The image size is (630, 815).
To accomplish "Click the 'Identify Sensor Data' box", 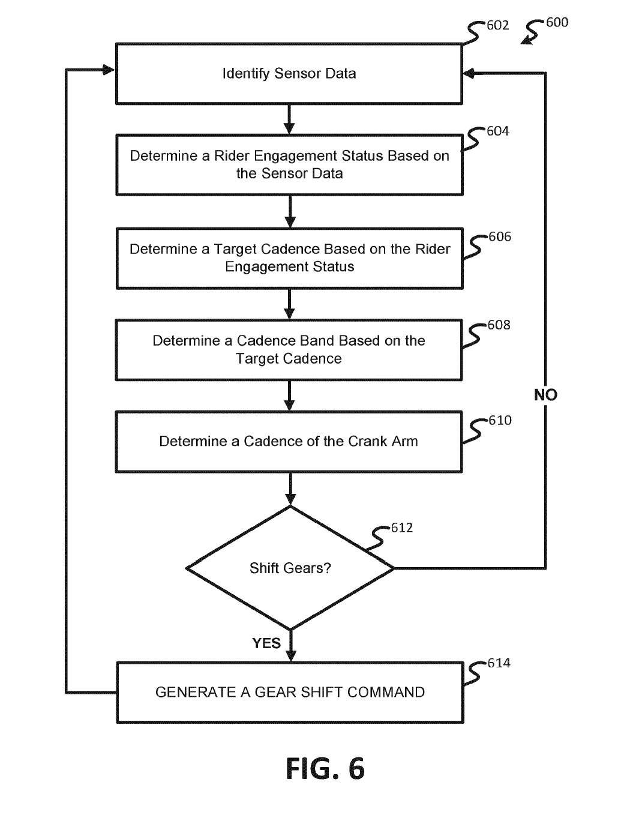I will coord(289,74).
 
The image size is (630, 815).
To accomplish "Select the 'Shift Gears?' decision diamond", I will coord(290,568).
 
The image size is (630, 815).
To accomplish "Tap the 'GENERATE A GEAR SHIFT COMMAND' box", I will coord(290,692).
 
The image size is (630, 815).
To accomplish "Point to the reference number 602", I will coord(497,25).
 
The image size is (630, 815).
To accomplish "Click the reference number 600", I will coord(557,22).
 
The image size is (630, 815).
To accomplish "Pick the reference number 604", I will coord(497,131).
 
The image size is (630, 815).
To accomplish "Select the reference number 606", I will coord(500,237).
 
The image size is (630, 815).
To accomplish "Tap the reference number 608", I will coord(499,325).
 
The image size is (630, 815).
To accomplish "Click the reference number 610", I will coord(500,421).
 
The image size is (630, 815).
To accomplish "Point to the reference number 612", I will coord(401,528).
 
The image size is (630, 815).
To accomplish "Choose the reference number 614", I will coord(499,663).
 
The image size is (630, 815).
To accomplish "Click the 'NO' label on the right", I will coord(545,395).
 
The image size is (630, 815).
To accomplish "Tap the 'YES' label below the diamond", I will coord(266,643).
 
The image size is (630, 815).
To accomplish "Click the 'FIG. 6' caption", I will coord(325,769).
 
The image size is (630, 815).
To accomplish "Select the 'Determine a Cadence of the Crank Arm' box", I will coord(289,442).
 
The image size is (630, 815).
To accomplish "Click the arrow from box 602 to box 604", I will coord(289,119).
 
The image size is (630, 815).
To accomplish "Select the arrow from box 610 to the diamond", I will coord(290,489).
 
